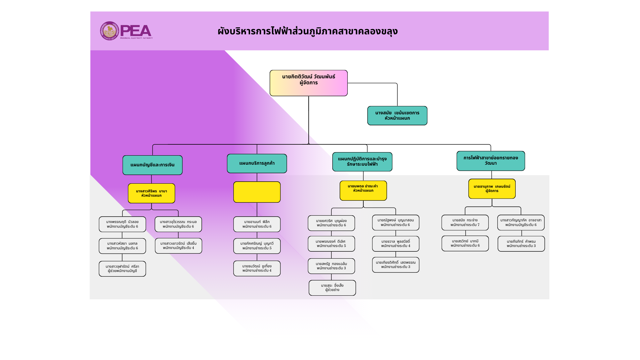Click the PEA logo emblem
(x=110, y=31)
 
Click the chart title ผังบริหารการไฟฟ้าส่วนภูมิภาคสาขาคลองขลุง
(x=308, y=31)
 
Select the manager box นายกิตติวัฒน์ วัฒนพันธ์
(x=309, y=83)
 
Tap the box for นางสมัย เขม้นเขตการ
(x=397, y=116)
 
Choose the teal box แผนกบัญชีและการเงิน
(x=152, y=165)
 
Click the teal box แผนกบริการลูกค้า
(x=257, y=163)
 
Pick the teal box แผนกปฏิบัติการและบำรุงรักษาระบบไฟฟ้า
(x=362, y=162)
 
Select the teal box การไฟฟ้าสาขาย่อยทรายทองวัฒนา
(x=491, y=161)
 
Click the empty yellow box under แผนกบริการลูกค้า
(x=257, y=192)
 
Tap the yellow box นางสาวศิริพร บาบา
(x=151, y=193)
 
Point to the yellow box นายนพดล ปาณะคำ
(x=363, y=191)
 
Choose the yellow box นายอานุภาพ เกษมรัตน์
(x=492, y=189)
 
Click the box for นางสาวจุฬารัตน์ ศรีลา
(x=122, y=269)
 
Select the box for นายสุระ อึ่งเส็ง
(x=332, y=288)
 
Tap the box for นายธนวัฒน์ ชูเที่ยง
(x=257, y=268)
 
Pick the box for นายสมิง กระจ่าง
(x=465, y=223)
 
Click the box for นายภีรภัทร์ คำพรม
(x=521, y=244)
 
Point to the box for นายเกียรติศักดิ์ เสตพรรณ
(x=396, y=265)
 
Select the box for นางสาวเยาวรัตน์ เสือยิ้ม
(x=178, y=246)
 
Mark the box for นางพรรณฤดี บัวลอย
(x=122, y=224)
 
